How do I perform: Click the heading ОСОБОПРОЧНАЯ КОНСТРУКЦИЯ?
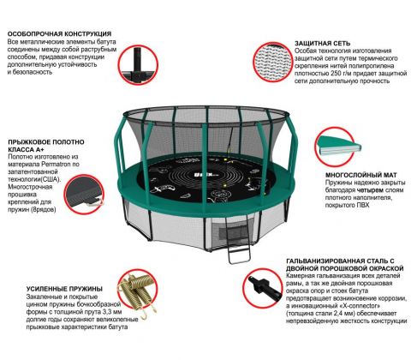[59, 33]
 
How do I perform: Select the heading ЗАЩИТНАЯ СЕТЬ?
[322, 44]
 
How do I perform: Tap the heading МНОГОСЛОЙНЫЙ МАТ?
[361, 175]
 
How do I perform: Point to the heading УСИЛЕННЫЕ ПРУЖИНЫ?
[64, 289]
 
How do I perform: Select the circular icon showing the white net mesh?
[273, 62]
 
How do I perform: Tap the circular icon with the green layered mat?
[335, 147]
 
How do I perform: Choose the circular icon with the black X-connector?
[263, 288]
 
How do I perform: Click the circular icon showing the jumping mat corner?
[84, 195]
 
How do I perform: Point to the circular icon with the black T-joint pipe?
[139, 64]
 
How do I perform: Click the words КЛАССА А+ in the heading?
[26, 149]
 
